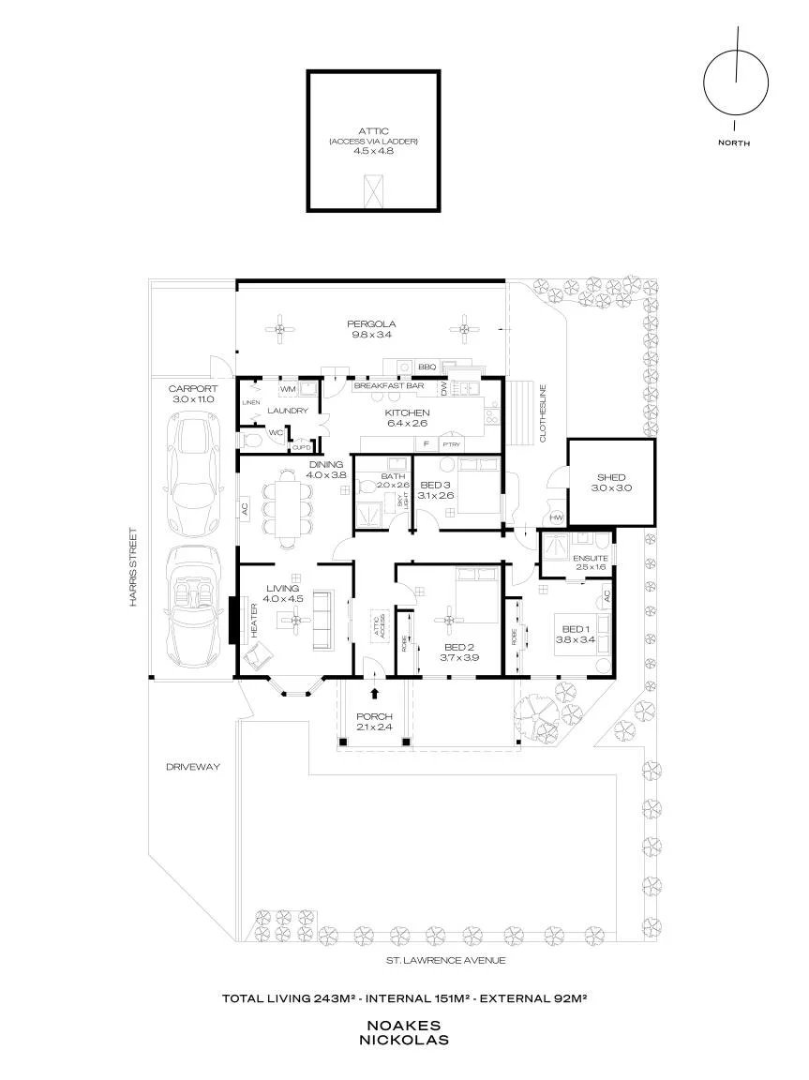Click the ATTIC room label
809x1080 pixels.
(x=374, y=131)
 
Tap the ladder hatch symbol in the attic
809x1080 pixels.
(x=373, y=190)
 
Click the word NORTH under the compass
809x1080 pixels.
(x=734, y=143)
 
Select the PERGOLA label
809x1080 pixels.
(x=371, y=323)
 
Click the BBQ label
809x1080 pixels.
(x=427, y=367)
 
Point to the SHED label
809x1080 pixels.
(x=610, y=477)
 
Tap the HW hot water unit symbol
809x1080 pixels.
(x=556, y=517)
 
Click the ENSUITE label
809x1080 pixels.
(x=591, y=558)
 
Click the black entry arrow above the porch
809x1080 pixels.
(x=375, y=695)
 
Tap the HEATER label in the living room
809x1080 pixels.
(x=254, y=621)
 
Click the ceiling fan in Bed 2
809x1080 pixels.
(x=448, y=620)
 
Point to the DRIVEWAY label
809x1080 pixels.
(x=193, y=767)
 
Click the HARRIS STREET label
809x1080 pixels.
(x=133, y=567)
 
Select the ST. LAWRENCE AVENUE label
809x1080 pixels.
(x=445, y=960)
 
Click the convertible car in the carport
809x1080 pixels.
(x=193, y=610)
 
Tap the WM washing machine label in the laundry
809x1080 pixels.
(x=288, y=389)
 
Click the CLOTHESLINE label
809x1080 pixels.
(x=543, y=412)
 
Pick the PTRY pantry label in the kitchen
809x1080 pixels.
(x=451, y=445)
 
